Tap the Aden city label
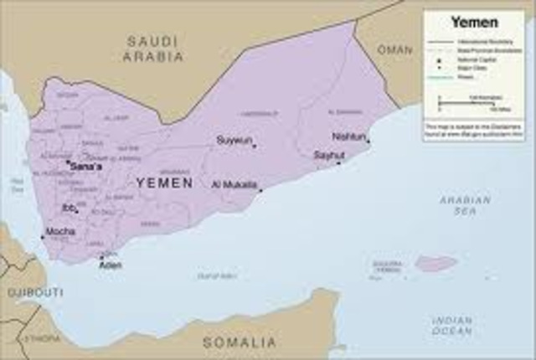[110, 265]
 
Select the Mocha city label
[59, 231]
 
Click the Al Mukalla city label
[234, 184]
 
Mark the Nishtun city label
[348, 135]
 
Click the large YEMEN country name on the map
[164, 183]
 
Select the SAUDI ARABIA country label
[153, 49]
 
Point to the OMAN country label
[395, 49]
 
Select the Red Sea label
[17, 186]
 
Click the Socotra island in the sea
[436, 264]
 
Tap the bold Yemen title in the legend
[473, 22]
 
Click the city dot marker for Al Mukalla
[260, 190]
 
